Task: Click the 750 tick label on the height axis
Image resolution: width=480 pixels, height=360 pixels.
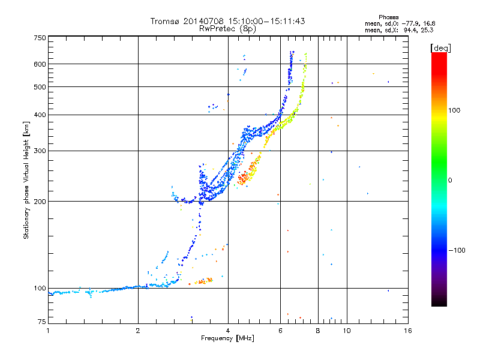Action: (40, 37)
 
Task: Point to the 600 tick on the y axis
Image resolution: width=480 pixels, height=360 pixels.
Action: (40, 64)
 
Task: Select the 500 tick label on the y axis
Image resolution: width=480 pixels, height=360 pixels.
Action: (40, 86)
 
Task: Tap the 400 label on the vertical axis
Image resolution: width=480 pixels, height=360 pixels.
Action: (40, 115)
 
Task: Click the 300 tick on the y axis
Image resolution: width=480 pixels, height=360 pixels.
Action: (40, 151)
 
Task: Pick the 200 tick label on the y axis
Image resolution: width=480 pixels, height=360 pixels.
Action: (40, 201)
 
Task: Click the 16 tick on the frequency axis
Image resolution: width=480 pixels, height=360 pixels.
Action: (407, 331)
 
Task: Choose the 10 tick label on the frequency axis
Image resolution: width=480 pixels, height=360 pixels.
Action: (346, 331)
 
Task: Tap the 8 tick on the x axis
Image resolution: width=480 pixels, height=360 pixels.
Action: (318, 331)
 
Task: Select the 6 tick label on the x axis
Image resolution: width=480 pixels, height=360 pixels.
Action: (280, 331)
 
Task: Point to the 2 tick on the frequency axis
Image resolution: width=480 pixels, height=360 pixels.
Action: (138, 331)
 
